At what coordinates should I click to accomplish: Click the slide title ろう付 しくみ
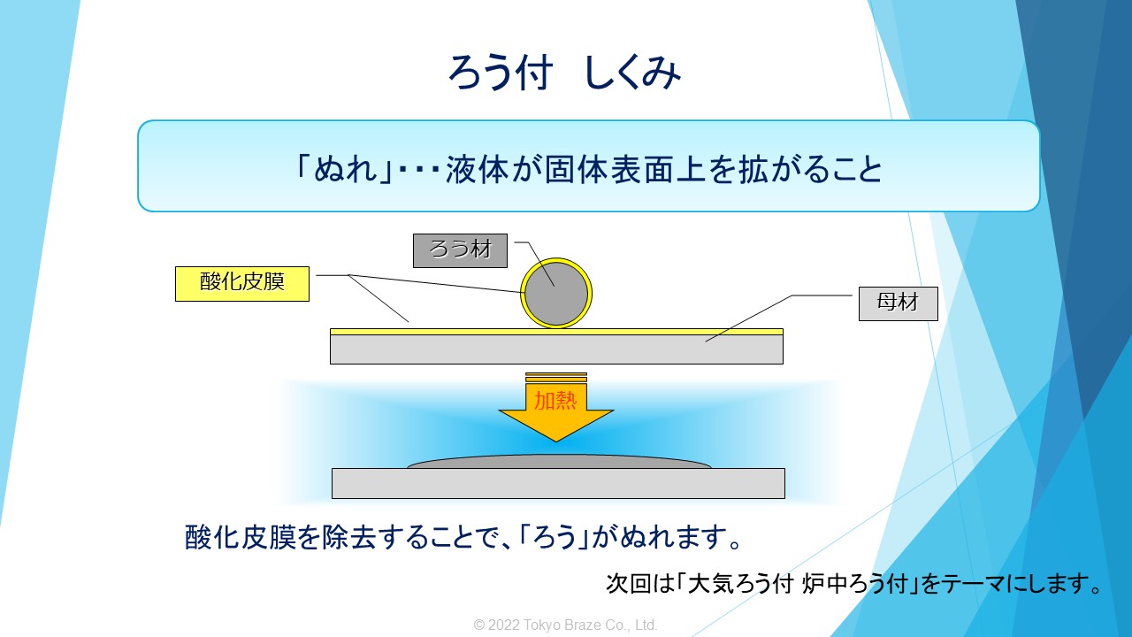tap(564, 73)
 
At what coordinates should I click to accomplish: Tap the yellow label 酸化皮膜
tap(242, 284)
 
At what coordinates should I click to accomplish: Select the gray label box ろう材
tap(460, 250)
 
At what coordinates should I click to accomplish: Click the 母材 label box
tap(898, 303)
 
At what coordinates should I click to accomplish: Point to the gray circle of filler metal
tap(556, 294)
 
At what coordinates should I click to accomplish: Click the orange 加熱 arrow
tap(556, 408)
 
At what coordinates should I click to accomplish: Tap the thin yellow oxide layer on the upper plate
tap(556, 332)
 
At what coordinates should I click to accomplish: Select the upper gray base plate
tap(556, 349)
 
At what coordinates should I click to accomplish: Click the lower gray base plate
tap(558, 483)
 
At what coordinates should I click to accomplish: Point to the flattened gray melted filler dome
tap(559, 462)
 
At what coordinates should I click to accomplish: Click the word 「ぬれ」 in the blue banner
tap(345, 168)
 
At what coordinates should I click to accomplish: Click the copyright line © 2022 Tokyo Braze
tap(565, 625)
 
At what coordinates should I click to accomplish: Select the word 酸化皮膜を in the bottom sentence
tap(253, 537)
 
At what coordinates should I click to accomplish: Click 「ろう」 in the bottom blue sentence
tap(555, 537)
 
